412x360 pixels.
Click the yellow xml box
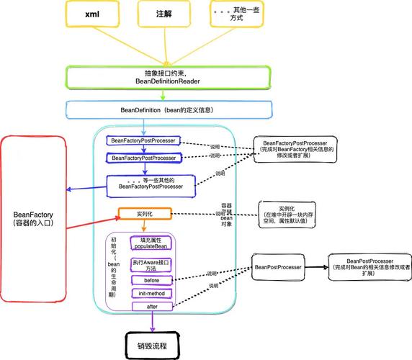point(92,14)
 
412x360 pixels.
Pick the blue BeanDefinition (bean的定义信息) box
point(171,109)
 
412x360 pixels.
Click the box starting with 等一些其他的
point(151,183)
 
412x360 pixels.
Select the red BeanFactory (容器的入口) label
point(33,218)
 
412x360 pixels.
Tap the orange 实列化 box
point(145,215)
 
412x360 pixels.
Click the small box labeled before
point(151,280)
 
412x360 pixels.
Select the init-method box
point(151,294)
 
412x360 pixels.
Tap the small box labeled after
point(151,306)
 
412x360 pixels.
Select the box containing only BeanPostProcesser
point(277,267)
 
